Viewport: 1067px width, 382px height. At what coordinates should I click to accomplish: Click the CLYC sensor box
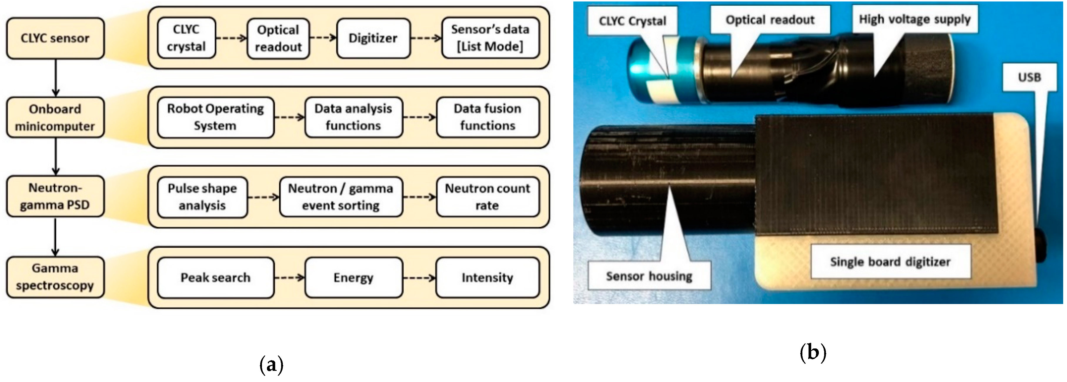point(55,38)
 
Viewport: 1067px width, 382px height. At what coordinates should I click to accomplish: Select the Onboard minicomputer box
point(55,117)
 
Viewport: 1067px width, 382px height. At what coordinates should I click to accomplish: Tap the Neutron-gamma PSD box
point(55,197)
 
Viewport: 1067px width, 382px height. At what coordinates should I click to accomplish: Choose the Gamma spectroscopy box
point(55,277)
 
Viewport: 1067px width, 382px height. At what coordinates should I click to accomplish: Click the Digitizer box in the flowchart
point(373,38)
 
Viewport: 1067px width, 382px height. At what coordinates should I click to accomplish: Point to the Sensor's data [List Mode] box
point(490,38)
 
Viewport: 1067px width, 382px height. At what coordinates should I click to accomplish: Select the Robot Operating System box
point(216,117)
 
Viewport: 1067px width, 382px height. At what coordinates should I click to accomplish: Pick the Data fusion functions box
point(487,117)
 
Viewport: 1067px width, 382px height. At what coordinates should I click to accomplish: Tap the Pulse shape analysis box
point(202,197)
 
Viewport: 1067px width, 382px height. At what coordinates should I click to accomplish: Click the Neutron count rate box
point(487,197)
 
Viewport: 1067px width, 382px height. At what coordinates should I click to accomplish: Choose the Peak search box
point(216,278)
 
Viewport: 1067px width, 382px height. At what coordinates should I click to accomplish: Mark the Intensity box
point(487,278)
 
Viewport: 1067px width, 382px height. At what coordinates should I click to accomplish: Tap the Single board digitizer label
point(890,262)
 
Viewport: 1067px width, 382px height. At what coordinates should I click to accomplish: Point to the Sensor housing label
point(649,276)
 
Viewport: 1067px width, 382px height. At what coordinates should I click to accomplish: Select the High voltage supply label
point(915,19)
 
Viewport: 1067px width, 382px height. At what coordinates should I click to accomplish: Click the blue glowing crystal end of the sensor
point(638,69)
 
